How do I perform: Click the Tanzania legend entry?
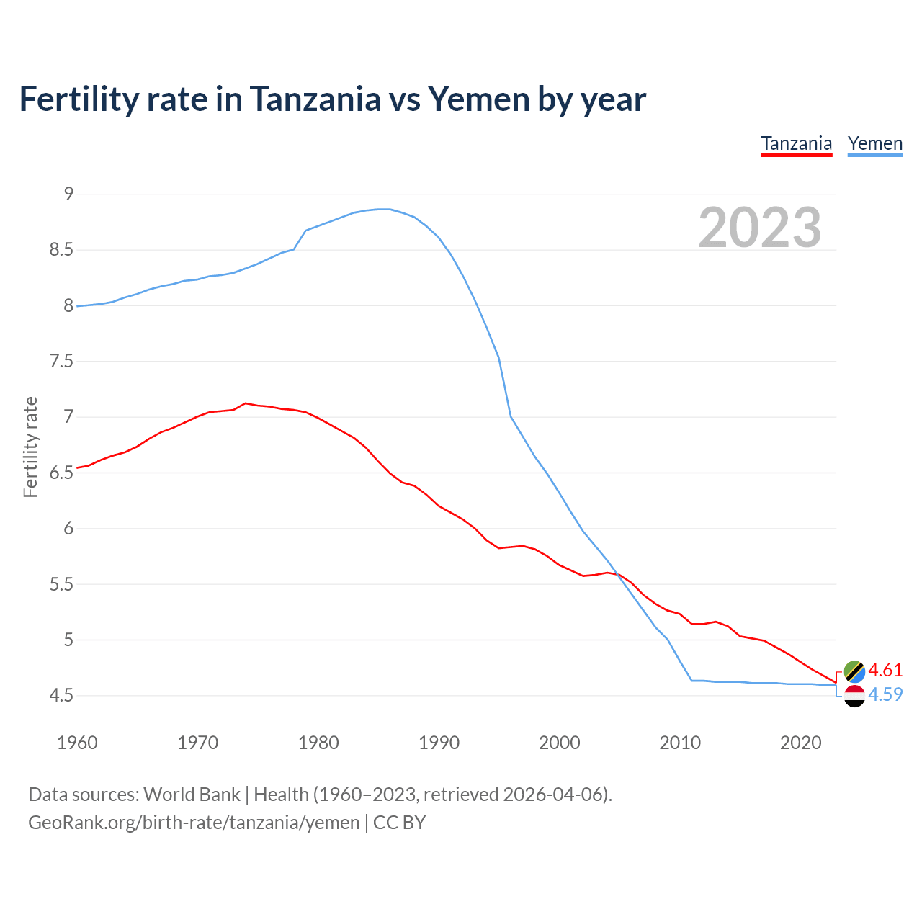[x=796, y=143]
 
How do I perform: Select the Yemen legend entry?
[x=874, y=143]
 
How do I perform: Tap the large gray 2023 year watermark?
[x=759, y=228]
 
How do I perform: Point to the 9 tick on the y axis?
[x=68, y=194]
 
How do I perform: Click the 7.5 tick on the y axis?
[x=61, y=361]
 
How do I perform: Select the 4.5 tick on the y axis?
[x=61, y=695]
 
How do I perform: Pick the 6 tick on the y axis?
[x=68, y=528]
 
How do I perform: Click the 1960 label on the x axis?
[x=77, y=743]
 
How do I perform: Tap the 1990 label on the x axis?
[x=439, y=743]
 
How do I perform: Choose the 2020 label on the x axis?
[x=800, y=743]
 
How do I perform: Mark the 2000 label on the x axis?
[x=559, y=743]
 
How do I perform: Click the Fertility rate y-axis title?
[x=30, y=447]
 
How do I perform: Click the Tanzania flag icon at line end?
[x=854, y=671]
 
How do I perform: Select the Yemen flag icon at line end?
[x=854, y=696]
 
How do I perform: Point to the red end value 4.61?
[x=885, y=670]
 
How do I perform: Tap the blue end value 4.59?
[x=885, y=694]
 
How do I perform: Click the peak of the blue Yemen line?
[x=383, y=209]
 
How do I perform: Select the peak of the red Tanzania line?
[x=246, y=403]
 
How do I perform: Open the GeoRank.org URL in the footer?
[x=194, y=822]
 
